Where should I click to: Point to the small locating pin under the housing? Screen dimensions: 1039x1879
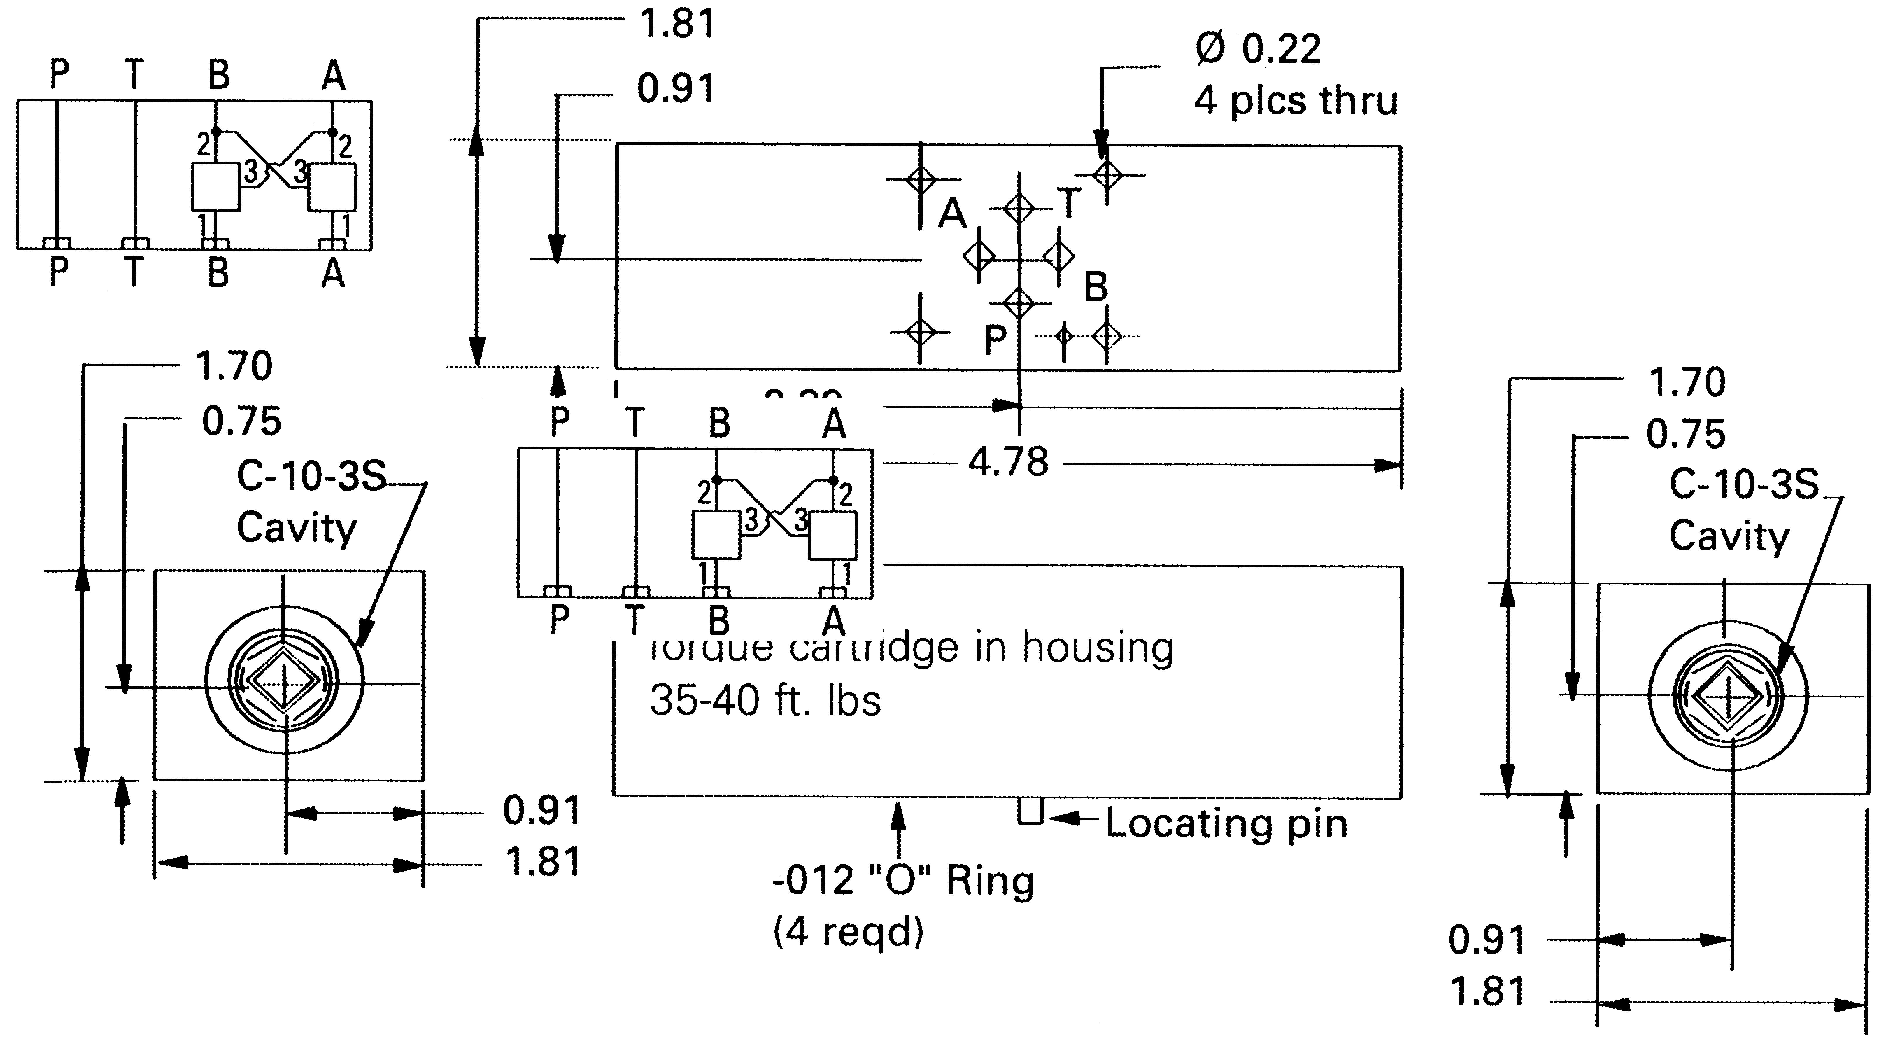click(x=1030, y=811)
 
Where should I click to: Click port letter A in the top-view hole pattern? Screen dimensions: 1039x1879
click(x=952, y=214)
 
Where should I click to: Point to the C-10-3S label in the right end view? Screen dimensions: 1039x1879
click(x=1744, y=483)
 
